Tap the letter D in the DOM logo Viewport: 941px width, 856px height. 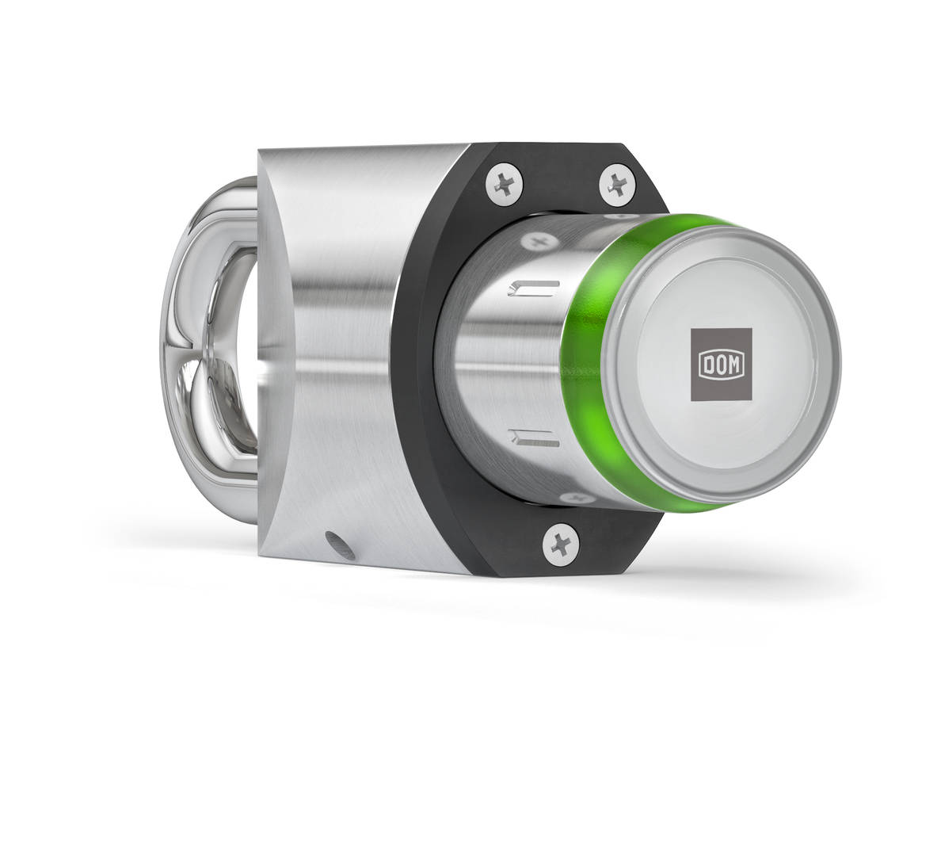707,366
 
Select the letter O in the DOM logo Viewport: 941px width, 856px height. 721,366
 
